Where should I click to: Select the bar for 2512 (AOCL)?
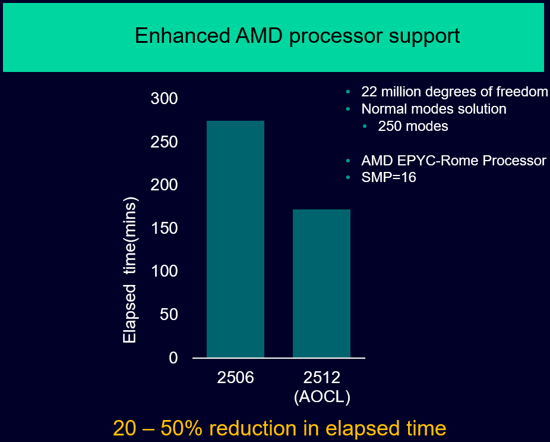(x=321, y=283)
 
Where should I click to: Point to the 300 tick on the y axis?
(x=165, y=99)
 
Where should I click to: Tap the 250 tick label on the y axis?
(x=165, y=142)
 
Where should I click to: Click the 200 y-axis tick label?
(x=165, y=185)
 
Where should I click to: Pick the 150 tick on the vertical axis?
(x=165, y=228)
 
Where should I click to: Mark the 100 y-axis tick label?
(x=165, y=271)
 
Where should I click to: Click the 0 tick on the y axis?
(x=173, y=358)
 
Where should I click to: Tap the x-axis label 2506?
(x=235, y=377)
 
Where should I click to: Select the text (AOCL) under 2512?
(x=322, y=397)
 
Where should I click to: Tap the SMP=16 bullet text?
(x=388, y=177)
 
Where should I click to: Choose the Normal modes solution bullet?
(x=434, y=109)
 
